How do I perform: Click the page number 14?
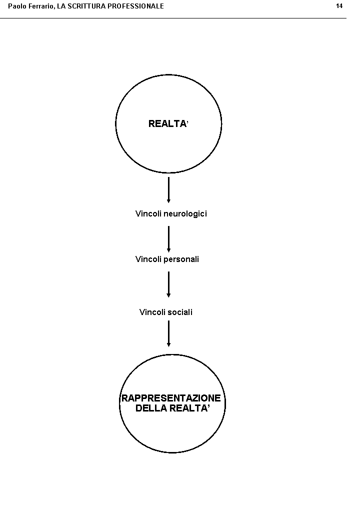pos(339,6)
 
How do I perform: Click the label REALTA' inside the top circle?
pos(168,124)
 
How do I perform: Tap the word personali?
pos(181,259)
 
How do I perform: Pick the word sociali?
pos(180,312)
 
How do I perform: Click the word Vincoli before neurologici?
pos(148,214)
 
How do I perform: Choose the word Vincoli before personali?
pos(148,259)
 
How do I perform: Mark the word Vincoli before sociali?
pos(152,312)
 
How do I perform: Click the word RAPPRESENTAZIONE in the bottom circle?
pos(171,398)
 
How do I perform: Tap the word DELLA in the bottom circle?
pos(151,408)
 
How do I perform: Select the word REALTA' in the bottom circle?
pos(189,408)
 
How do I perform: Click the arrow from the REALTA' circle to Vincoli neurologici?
pos(168,190)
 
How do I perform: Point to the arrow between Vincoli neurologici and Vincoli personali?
pos(168,238)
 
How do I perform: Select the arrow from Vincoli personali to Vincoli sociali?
pos(168,284)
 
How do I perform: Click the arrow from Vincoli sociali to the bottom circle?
pos(168,333)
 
